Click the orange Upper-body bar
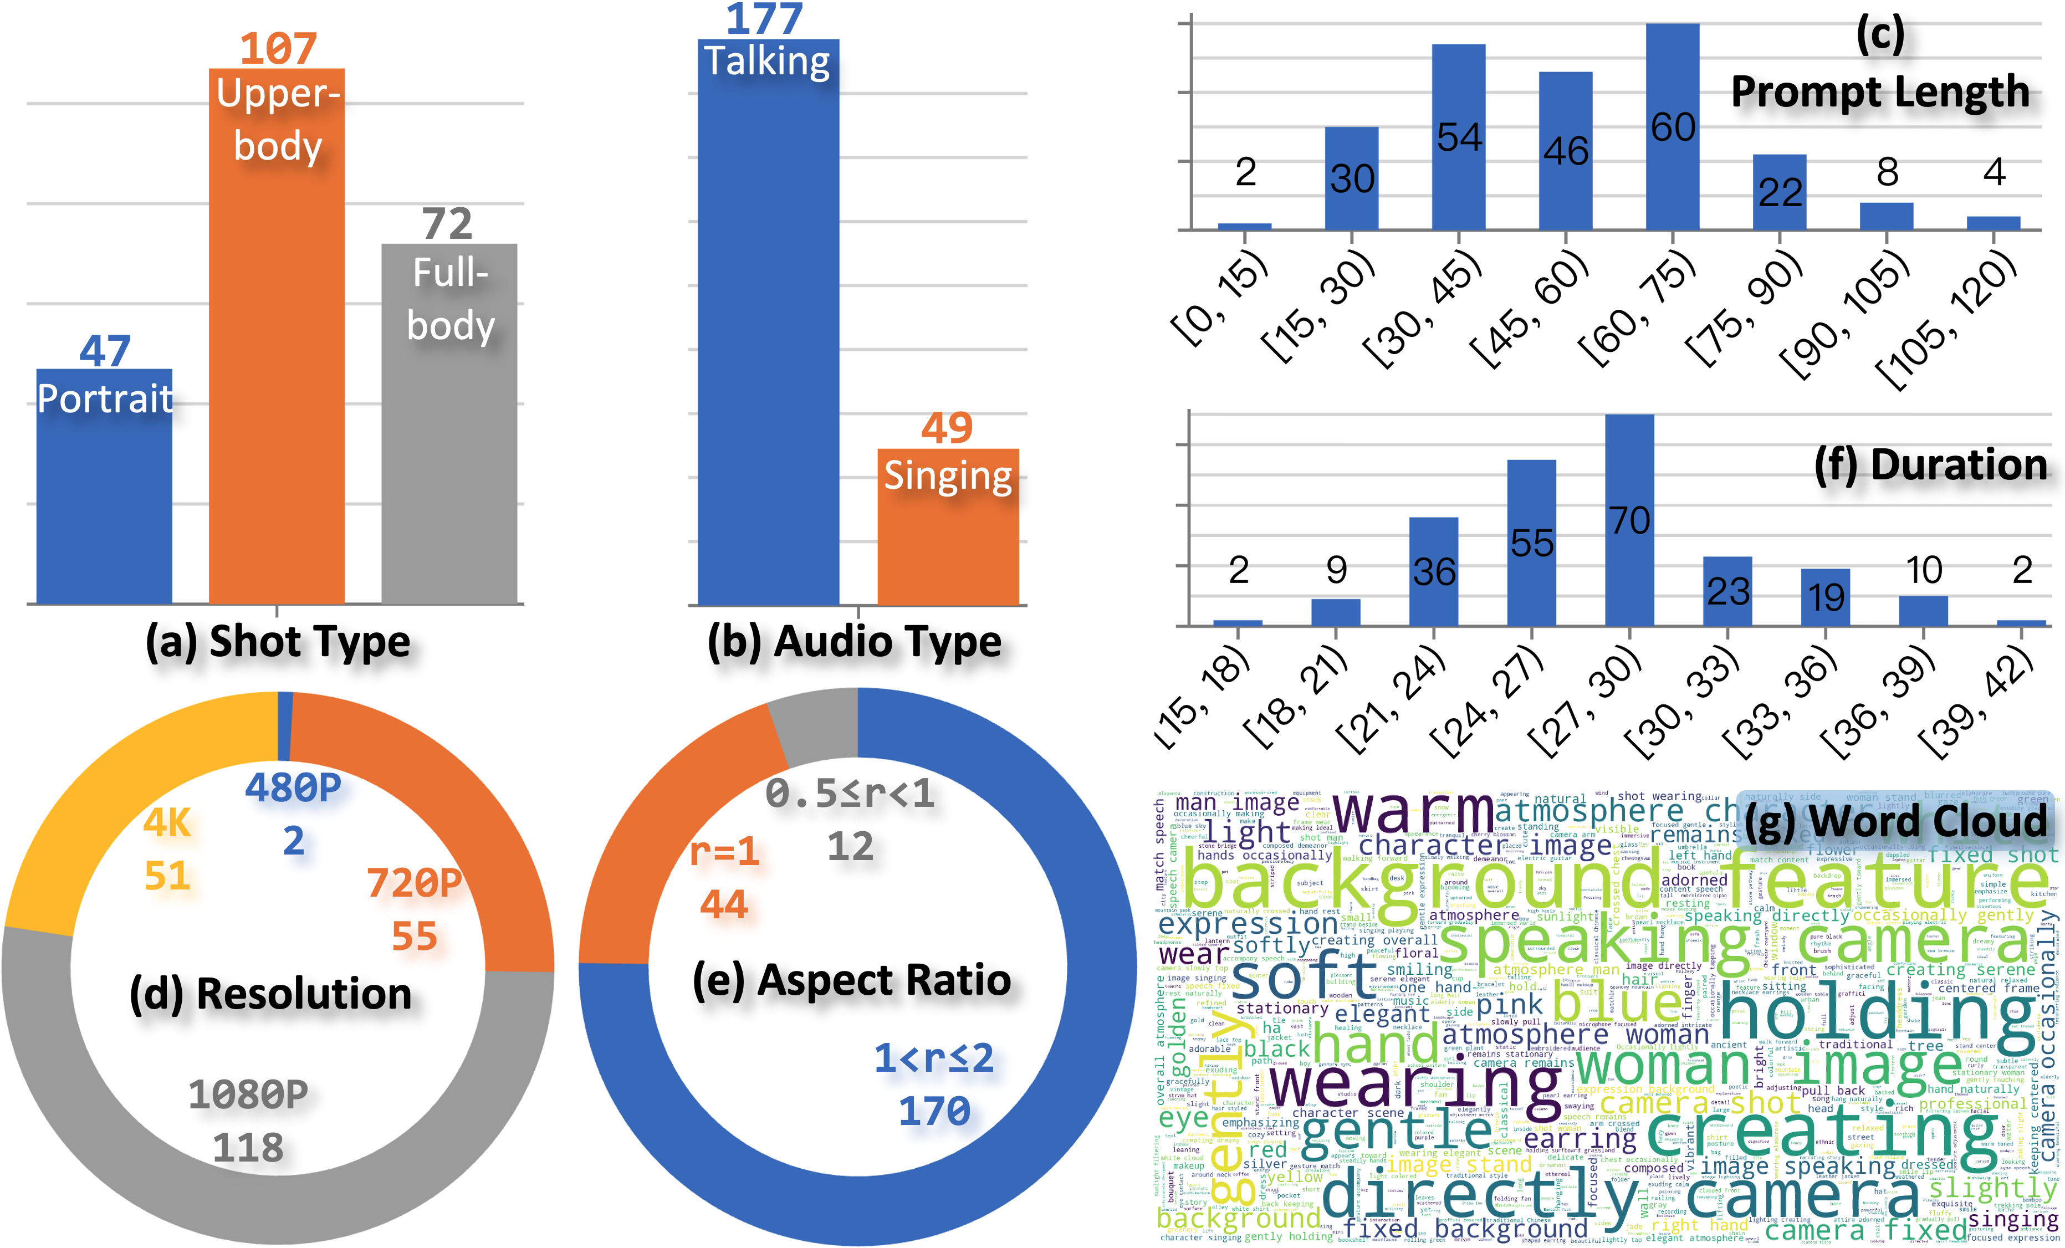pyautogui.click(x=277, y=377)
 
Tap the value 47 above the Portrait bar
pyautogui.click(x=105, y=350)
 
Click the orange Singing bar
pyautogui.click(x=948, y=545)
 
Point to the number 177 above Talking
pyautogui.click(x=764, y=18)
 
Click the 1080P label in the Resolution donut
pyautogui.click(x=248, y=1094)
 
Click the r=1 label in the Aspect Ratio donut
pyautogui.click(x=724, y=852)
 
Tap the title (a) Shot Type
pyautogui.click(x=278, y=642)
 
